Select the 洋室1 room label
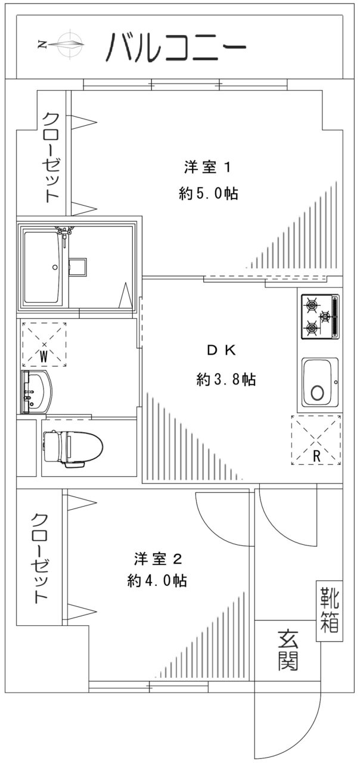coord(207,168)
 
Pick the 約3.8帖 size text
coord(226,379)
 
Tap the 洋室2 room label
coord(157,559)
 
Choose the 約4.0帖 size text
coord(157,581)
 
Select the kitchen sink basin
coord(319,382)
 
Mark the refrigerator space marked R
coord(316,439)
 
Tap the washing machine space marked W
coord(44,345)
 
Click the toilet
coord(73,445)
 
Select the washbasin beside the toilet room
coord(36,392)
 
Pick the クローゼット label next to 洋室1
coord(51,157)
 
